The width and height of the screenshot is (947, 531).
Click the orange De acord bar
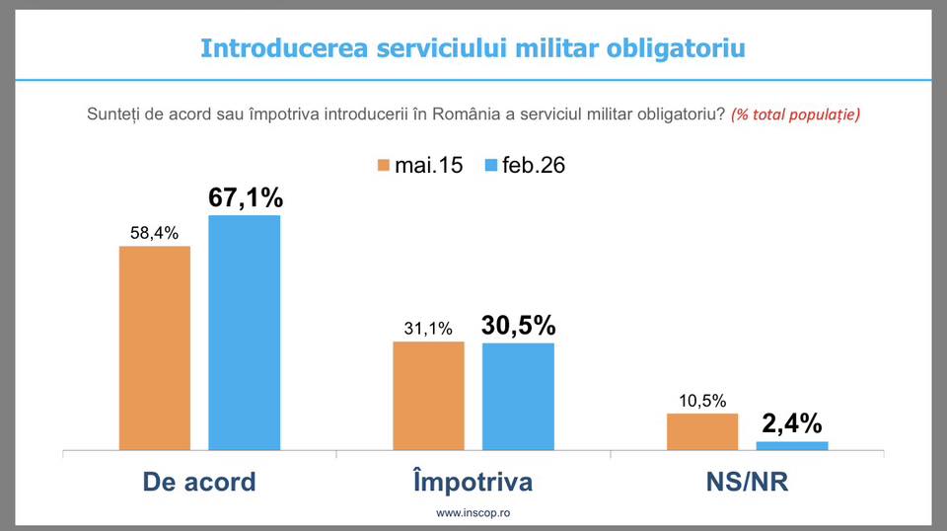tap(155, 347)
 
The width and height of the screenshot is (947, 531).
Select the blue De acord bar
tap(244, 333)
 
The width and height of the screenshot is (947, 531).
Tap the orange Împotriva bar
tap(428, 396)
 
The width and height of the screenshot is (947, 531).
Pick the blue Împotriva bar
tap(518, 396)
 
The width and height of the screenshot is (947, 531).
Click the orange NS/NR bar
tap(702, 431)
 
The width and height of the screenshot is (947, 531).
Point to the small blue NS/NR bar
tap(791, 445)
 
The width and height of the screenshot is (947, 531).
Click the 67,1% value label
tap(245, 196)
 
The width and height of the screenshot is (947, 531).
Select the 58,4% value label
tap(154, 233)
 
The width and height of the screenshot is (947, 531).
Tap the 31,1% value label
tap(428, 330)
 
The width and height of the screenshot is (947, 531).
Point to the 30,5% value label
tap(518, 325)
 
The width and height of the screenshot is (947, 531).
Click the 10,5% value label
tap(702, 401)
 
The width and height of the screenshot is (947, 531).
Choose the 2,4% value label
tap(791, 423)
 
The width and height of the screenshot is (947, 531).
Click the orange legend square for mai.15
tap(383, 164)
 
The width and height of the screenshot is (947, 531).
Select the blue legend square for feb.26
tap(490, 164)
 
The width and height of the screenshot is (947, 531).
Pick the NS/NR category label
tap(747, 482)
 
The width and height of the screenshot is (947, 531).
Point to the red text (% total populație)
tap(795, 114)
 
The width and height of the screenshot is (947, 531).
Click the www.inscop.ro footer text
tap(473, 513)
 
